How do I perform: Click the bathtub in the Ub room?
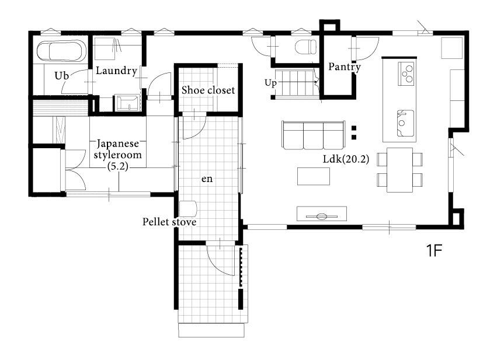(x=61, y=51)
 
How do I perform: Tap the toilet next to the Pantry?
(x=305, y=47)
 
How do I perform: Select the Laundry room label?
(x=116, y=71)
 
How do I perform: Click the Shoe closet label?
(x=208, y=90)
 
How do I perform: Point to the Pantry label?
(x=344, y=67)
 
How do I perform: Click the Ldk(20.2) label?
(x=346, y=159)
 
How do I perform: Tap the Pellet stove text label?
(x=169, y=222)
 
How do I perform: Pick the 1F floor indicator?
(x=435, y=250)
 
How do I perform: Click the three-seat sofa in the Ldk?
(x=313, y=135)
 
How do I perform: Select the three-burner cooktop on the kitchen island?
(x=406, y=74)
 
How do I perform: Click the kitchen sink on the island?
(x=405, y=123)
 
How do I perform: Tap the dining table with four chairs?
(x=399, y=170)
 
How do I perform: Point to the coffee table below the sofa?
(x=314, y=176)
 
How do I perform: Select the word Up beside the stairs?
(x=270, y=83)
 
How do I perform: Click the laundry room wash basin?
(x=127, y=103)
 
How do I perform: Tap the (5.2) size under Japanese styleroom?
(x=117, y=166)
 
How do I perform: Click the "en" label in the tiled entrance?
(x=207, y=179)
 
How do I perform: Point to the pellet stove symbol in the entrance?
(x=187, y=209)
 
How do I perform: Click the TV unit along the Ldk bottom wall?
(x=321, y=214)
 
